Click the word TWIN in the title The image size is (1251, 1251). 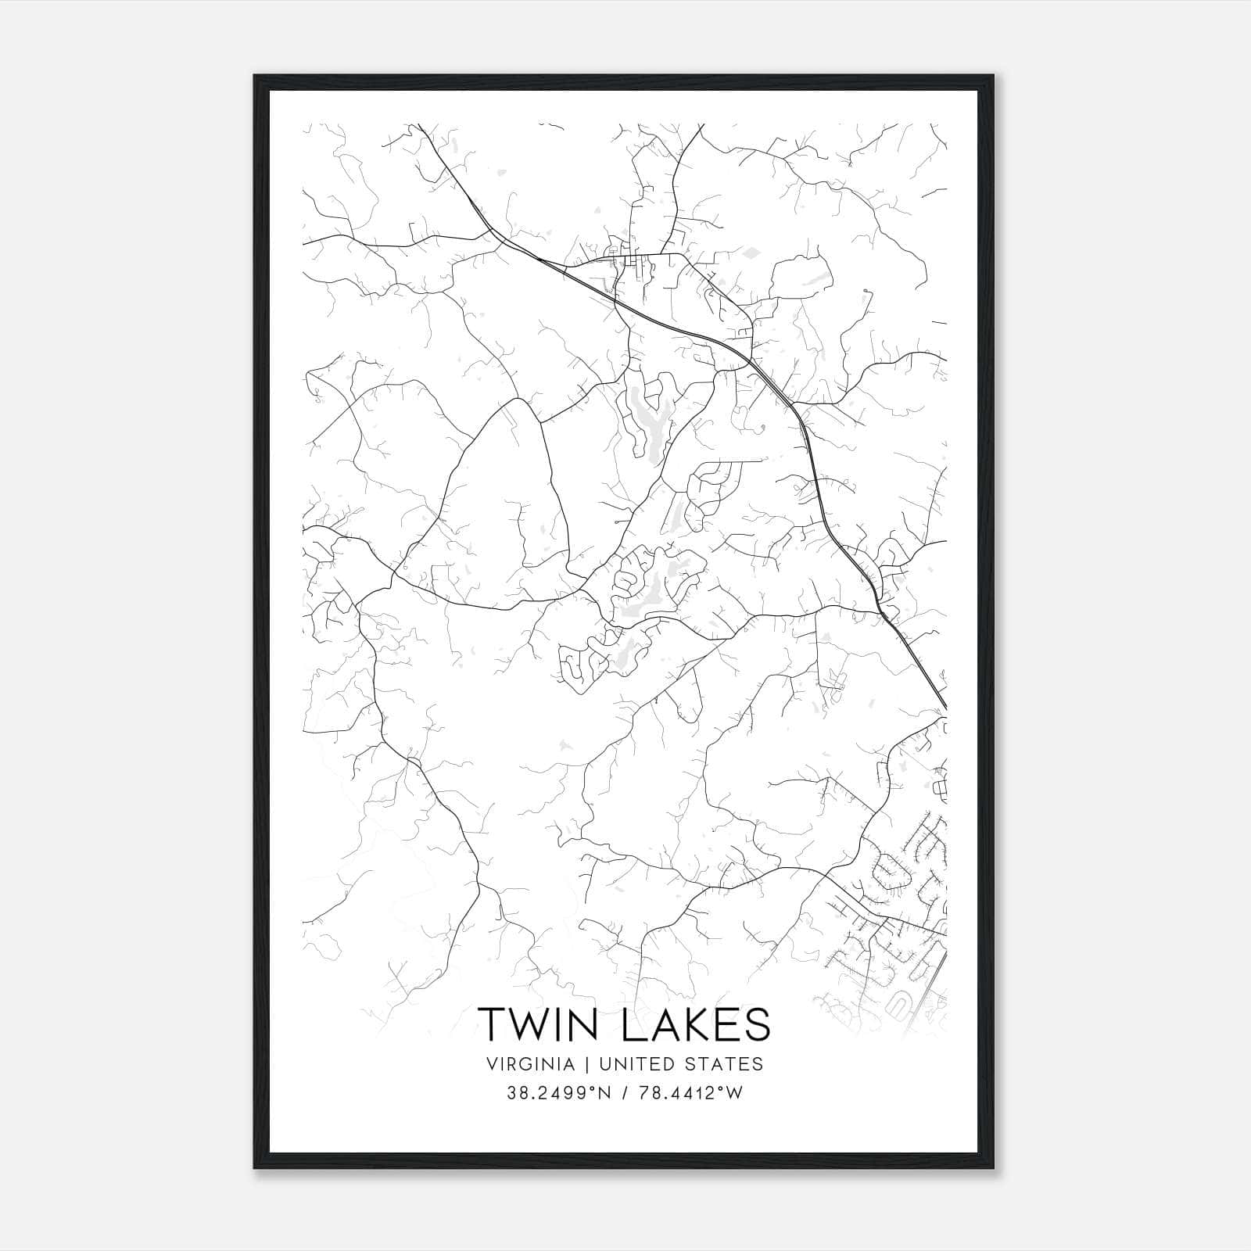[537, 1023]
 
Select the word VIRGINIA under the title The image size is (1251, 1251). [529, 1064]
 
